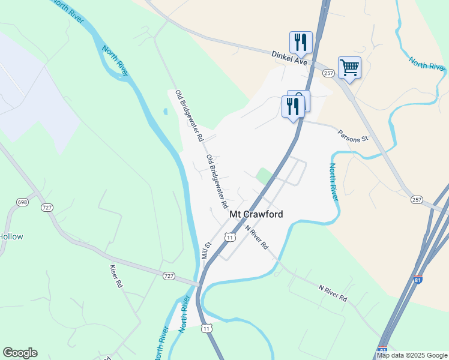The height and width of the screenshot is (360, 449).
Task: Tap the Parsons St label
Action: (x=352, y=136)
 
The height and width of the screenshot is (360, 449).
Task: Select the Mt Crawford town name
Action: (x=256, y=214)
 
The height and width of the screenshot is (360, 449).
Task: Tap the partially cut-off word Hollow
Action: (x=11, y=236)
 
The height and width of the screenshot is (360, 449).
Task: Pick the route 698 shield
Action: (x=23, y=202)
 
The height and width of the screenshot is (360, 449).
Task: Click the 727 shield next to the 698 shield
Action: (x=47, y=207)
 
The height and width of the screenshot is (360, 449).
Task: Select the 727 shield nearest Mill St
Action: (x=169, y=275)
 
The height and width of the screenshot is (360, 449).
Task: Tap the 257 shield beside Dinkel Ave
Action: (x=328, y=73)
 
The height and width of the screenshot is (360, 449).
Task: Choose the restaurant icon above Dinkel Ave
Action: (x=301, y=41)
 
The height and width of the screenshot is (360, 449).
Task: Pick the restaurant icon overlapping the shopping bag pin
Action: (x=292, y=106)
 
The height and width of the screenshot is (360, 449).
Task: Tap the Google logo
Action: (x=20, y=353)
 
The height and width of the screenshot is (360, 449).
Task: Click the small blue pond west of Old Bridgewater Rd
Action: (x=165, y=111)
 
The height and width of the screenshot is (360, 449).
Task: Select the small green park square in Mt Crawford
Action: (x=264, y=176)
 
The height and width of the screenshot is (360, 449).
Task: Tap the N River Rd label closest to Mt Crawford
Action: (x=256, y=237)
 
